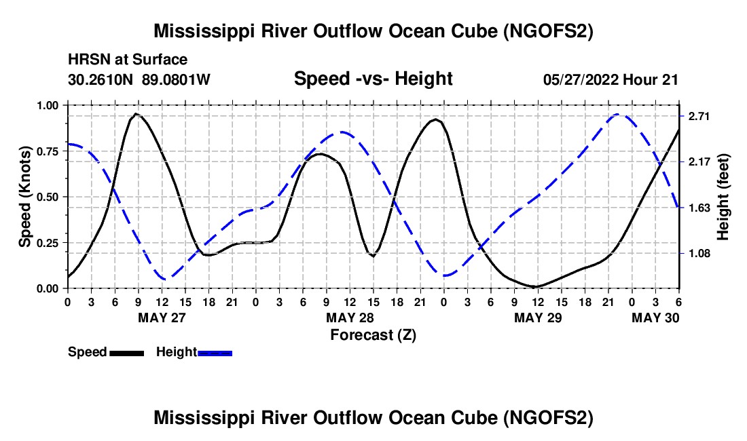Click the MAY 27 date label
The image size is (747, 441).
[x=162, y=318]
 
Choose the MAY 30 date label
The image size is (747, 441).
[x=655, y=318]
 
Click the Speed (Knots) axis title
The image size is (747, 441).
[x=25, y=197]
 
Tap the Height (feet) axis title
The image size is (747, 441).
[x=724, y=197]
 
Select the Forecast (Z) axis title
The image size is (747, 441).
[x=373, y=334]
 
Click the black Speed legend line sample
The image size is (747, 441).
[x=126, y=352]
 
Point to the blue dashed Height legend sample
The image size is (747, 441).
[x=215, y=352]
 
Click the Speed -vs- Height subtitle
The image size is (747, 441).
[x=373, y=79]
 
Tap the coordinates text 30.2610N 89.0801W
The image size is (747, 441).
[x=139, y=79]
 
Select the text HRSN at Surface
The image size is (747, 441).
[x=128, y=60]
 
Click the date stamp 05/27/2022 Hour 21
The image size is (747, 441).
[x=611, y=79]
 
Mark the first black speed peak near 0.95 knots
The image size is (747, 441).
[x=136, y=114]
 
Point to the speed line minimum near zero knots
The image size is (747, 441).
[x=536, y=286]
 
